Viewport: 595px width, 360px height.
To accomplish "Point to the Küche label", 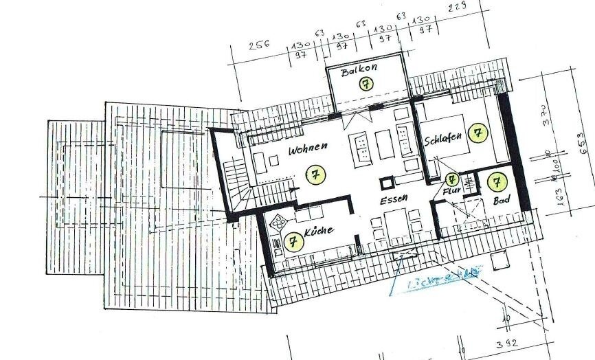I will tap(319, 232).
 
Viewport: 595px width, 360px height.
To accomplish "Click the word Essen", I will tap(395, 199).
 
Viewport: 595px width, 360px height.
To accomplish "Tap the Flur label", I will tap(451, 192).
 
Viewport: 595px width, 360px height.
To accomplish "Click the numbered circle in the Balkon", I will tap(366, 85).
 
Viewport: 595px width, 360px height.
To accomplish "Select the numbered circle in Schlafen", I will tap(476, 133).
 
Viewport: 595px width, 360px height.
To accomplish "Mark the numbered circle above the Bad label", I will tap(496, 182).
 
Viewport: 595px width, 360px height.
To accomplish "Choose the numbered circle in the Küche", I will tap(293, 241).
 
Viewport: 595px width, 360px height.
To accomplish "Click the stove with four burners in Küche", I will tap(280, 223).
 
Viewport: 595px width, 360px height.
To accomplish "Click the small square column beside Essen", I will tap(388, 183).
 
